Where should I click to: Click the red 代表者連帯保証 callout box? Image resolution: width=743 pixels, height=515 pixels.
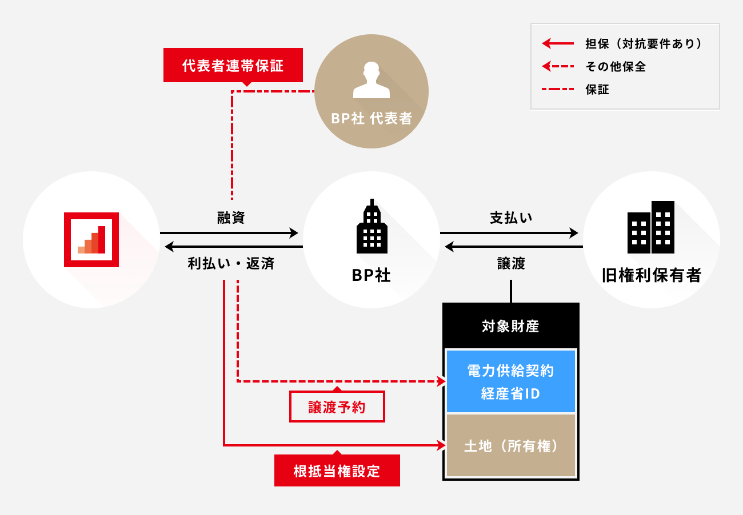233,65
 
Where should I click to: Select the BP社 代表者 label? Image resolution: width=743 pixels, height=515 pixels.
371,119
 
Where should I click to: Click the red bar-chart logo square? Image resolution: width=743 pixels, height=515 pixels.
91,240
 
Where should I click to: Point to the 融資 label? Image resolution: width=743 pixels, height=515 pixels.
231,218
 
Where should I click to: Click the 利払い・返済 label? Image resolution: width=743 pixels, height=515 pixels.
231,264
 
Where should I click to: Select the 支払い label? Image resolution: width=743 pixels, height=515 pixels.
511,218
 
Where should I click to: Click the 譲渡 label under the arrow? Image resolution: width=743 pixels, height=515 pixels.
511,264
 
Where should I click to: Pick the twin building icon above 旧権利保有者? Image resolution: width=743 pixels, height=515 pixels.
651,227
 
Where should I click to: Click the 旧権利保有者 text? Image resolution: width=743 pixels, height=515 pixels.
651,275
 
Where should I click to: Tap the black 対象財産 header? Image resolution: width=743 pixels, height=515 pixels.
511,327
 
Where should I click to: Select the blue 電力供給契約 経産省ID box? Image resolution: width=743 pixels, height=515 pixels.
511,381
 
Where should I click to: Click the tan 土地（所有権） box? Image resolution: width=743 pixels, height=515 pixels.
511,446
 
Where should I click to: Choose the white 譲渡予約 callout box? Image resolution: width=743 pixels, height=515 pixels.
337,407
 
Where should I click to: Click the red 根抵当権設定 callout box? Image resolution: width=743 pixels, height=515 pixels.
337,471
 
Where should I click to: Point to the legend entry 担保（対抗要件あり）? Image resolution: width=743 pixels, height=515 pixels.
643,43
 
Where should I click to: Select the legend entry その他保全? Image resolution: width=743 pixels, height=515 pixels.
616,66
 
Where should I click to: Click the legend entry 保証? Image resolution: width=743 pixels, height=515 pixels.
597,89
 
